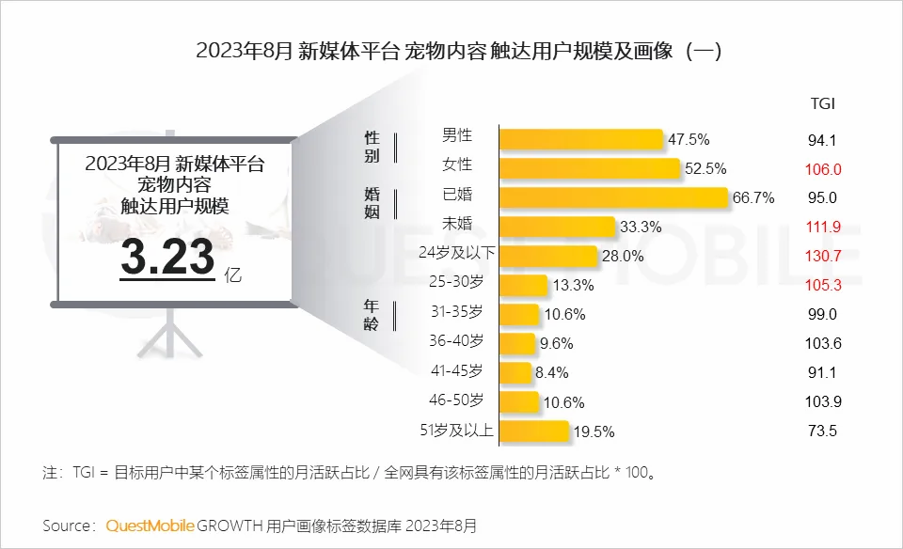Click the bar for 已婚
(x=613, y=197)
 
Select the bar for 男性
(x=580, y=139)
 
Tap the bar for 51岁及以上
(x=533, y=431)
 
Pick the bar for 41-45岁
(x=515, y=372)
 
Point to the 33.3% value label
(x=642, y=227)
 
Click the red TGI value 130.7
(x=822, y=256)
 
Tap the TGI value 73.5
(x=822, y=431)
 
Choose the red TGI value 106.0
(x=822, y=169)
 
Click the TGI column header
(x=822, y=102)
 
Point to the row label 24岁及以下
(x=456, y=255)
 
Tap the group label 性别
(x=372, y=147)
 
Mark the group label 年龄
(x=372, y=312)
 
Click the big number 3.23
(x=167, y=259)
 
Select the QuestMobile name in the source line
(x=150, y=525)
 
